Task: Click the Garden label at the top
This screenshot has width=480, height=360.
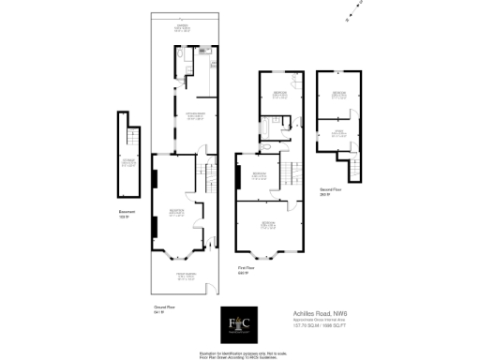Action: click(184, 29)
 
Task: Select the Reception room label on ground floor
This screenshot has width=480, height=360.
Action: click(176, 212)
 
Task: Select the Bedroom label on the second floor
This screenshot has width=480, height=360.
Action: click(337, 95)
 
